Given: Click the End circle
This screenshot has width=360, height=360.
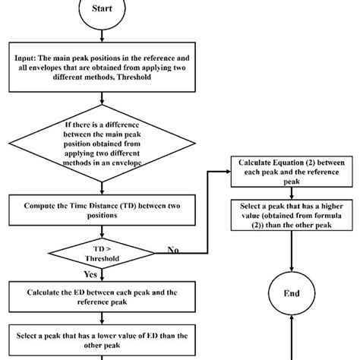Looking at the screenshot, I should tap(292, 292).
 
